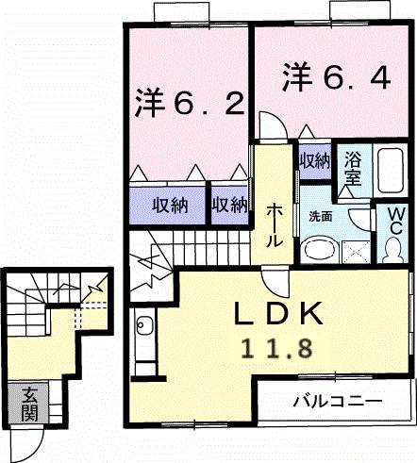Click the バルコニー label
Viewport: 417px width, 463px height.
[x=337, y=401]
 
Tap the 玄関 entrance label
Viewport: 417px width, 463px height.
[x=29, y=403]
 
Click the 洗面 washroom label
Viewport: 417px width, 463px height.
[x=320, y=216]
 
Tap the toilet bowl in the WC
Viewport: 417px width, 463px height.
[x=393, y=249]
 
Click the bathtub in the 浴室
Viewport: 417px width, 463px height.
[x=388, y=172]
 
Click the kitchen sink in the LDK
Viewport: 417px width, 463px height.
[x=143, y=329]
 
